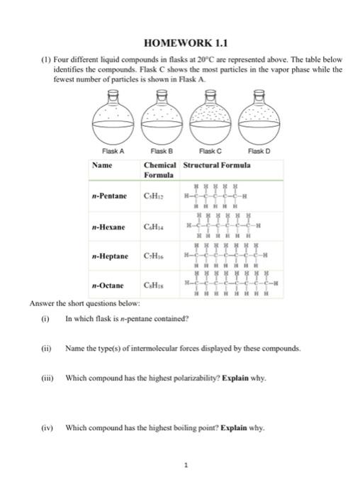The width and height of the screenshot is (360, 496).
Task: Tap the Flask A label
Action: [113, 151]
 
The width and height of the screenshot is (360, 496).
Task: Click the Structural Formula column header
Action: [216, 165]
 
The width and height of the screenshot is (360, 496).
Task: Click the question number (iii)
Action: [47, 377]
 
